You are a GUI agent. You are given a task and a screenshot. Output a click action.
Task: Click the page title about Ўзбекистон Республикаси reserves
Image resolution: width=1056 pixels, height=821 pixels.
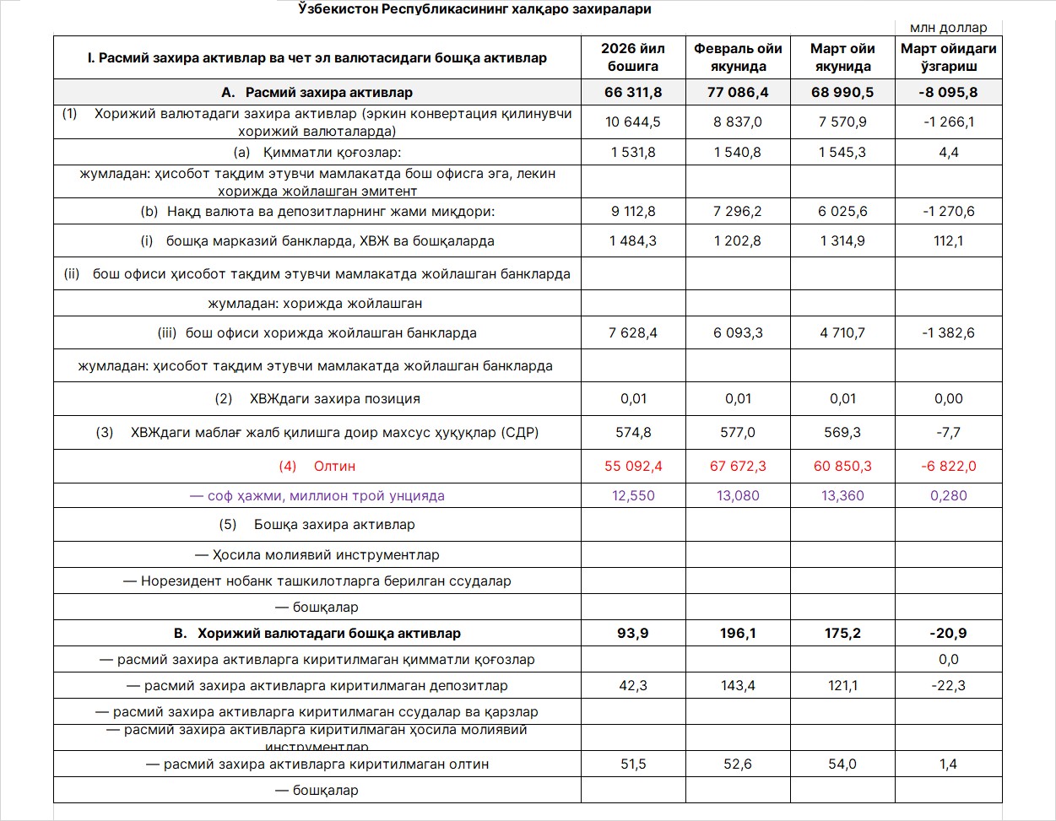(474, 9)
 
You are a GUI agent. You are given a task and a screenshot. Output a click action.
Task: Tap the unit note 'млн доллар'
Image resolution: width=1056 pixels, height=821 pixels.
(948, 28)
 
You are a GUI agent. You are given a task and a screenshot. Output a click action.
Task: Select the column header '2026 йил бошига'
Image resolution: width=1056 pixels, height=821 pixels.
(632, 57)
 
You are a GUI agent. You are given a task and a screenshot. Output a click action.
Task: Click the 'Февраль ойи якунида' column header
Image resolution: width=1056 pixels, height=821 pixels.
(738, 57)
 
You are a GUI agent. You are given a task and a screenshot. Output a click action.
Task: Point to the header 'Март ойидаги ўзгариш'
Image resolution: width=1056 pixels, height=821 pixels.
(948, 57)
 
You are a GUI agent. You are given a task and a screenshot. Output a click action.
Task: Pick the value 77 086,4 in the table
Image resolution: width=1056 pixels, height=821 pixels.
(738, 92)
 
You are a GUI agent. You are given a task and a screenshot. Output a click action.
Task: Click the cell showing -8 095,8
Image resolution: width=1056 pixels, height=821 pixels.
(948, 92)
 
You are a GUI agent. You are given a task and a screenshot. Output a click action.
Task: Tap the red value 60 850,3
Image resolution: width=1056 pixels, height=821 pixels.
(842, 466)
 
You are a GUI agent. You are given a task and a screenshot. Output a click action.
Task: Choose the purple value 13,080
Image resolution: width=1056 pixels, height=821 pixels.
(738, 496)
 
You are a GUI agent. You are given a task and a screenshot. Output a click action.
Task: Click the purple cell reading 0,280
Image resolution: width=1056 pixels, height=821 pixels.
(948, 496)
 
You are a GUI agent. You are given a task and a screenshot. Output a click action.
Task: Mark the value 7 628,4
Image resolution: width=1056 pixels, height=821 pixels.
(632, 333)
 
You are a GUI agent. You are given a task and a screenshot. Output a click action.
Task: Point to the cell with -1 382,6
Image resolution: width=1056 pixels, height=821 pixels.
(948, 333)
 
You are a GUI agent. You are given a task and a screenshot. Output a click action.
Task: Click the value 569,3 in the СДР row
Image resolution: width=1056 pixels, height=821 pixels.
(842, 433)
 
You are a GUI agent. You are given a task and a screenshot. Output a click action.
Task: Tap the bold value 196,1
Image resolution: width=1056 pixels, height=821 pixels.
(738, 634)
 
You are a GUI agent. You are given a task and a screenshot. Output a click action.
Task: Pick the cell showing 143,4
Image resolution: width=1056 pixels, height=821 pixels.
(738, 686)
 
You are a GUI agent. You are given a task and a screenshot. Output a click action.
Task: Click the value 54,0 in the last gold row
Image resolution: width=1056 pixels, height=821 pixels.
(842, 764)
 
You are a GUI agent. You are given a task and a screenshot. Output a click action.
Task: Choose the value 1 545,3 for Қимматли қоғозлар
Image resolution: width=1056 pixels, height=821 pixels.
(842, 153)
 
